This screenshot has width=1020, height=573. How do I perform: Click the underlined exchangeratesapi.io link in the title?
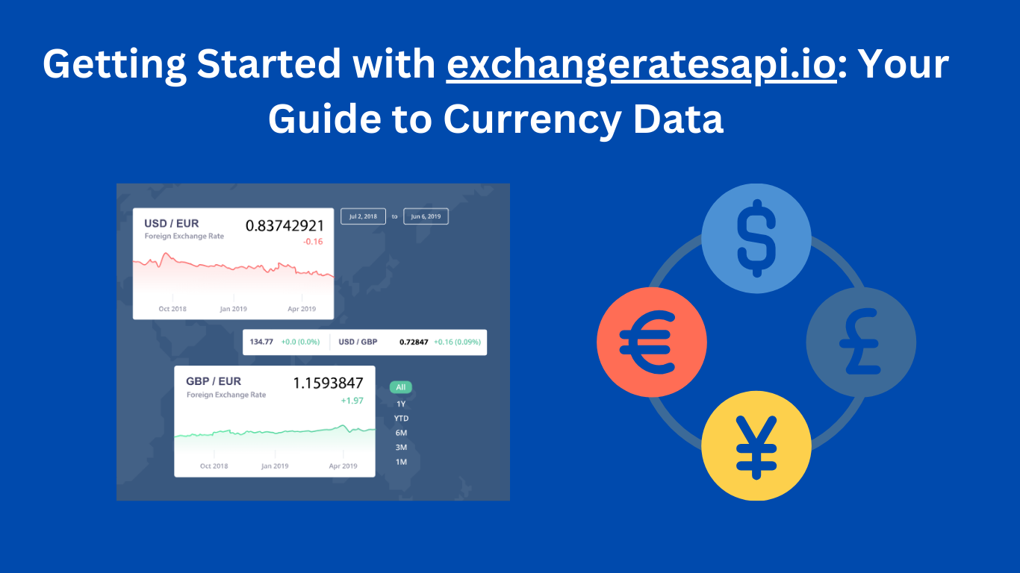point(641,66)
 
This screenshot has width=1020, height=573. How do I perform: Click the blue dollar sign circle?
point(756,238)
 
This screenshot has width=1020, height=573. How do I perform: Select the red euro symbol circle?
point(651,342)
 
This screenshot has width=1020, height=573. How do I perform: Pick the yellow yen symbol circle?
point(756,445)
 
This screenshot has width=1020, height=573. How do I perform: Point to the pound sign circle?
point(860,342)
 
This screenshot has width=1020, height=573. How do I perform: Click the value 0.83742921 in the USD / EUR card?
point(284,225)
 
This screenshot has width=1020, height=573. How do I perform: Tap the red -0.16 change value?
point(312,242)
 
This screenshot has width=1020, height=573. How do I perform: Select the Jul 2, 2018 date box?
point(363,216)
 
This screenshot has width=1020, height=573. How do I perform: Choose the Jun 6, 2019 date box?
point(426,216)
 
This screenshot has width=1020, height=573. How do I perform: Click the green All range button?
point(401,387)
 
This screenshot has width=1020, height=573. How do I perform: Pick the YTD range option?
point(401,418)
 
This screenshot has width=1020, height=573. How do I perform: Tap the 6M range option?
point(401,433)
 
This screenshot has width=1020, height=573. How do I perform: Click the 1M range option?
point(401,463)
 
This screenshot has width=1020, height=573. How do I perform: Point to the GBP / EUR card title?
point(214,381)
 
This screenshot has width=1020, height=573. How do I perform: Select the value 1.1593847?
point(328,383)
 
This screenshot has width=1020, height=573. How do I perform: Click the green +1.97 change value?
point(351,401)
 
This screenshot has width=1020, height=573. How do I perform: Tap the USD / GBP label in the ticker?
point(358,342)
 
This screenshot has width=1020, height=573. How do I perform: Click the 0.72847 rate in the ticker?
point(414,342)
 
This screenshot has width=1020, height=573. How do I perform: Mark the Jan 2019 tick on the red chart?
point(233,309)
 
